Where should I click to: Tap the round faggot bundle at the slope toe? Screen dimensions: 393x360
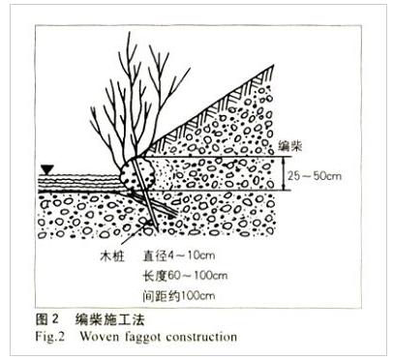pyautogui.click(x=137, y=177)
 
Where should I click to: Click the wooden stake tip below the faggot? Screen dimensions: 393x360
pyautogui.click(x=156, y=230)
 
